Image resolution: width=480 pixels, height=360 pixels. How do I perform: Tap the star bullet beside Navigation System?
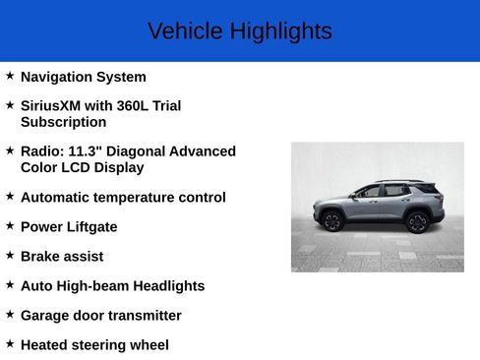[x=10, y=76]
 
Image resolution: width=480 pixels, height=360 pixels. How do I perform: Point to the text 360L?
[x=136, y=105]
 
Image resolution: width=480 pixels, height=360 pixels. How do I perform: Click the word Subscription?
[x=63, y=122]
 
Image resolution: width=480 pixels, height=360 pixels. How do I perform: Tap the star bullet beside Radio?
[x=10, y=150]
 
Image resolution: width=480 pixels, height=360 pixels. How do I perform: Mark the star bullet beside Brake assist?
[x=10, y=255]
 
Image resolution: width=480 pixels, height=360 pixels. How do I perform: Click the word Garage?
[x=46, y=315]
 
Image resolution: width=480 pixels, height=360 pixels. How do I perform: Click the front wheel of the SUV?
[x=332, y=220]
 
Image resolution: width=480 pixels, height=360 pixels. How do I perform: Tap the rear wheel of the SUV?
[x=417, y=220]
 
